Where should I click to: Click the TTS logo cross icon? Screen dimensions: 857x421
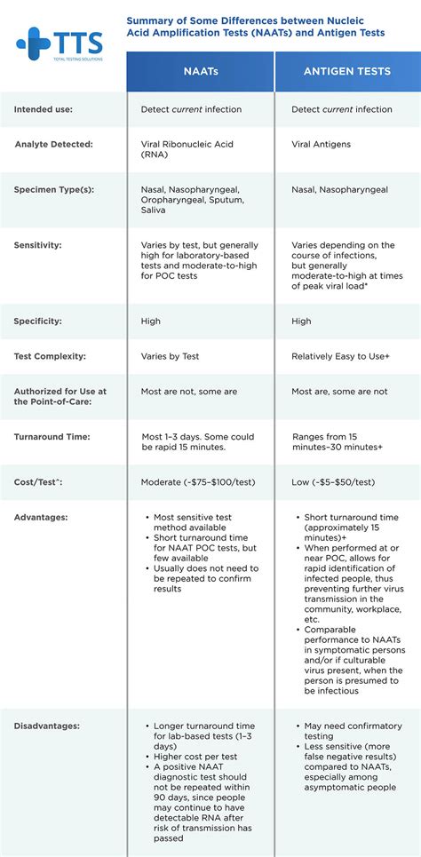click(x=34, y=43)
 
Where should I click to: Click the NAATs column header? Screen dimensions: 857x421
click(x=200, y=72)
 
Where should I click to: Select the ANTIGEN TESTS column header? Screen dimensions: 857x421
click(x=347, y=72)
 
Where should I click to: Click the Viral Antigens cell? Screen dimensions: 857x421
click(x=321, y=144)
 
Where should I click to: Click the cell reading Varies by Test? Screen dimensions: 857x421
click(x=170, y=356)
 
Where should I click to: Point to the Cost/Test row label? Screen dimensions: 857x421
click(x=37, y=481)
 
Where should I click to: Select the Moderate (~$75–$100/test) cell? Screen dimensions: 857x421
click(x=199, y=481)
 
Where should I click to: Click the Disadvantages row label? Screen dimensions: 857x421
click(x=46, y=726)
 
